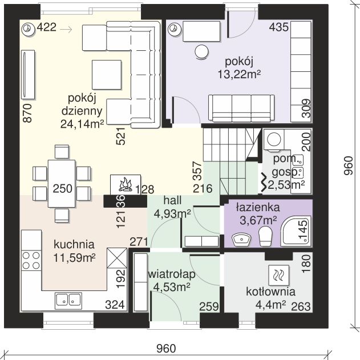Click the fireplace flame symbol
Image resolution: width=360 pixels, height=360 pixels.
(x=126, y=185)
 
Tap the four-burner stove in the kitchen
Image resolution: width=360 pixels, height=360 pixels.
(x=31, y=260)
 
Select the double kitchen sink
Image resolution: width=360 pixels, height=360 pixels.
(x=68, y=301)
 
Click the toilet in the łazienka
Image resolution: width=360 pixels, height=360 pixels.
(x=265, y=236)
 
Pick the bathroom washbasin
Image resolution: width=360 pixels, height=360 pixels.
(x=241, y=239)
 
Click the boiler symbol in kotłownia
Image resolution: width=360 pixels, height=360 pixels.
(x=279, y=276)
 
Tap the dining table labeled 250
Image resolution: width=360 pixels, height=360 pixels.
(x=62, y=184)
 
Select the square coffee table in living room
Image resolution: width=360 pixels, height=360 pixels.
(x=107, y=75)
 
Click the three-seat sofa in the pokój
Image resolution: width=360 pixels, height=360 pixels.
(x=241, y=108)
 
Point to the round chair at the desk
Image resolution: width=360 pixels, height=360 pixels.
(x=202, y=52)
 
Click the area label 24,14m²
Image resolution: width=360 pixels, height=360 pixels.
(x=82, y=124)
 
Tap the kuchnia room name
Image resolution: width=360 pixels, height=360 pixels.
(x=74, y=244)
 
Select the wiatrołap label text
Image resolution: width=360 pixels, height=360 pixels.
(x=172, y=274)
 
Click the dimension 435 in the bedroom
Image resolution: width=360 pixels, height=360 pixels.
(x=279, y=27)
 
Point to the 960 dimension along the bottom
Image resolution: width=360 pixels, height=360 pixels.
(x=166, y=348)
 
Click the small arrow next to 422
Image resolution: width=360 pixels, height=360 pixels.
(x=66, y=30)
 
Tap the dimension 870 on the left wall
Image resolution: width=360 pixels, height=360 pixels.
(x=27, y=113)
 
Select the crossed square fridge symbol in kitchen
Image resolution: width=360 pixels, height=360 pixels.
(x=117, y=258)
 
